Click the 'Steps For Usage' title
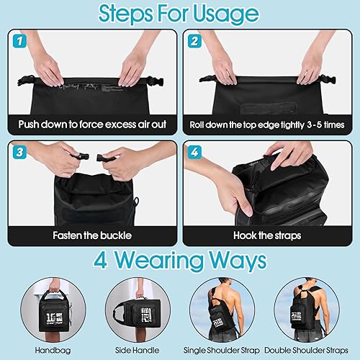[180, 14]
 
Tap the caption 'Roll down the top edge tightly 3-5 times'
[269, 123]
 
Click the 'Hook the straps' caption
[269, 235]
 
